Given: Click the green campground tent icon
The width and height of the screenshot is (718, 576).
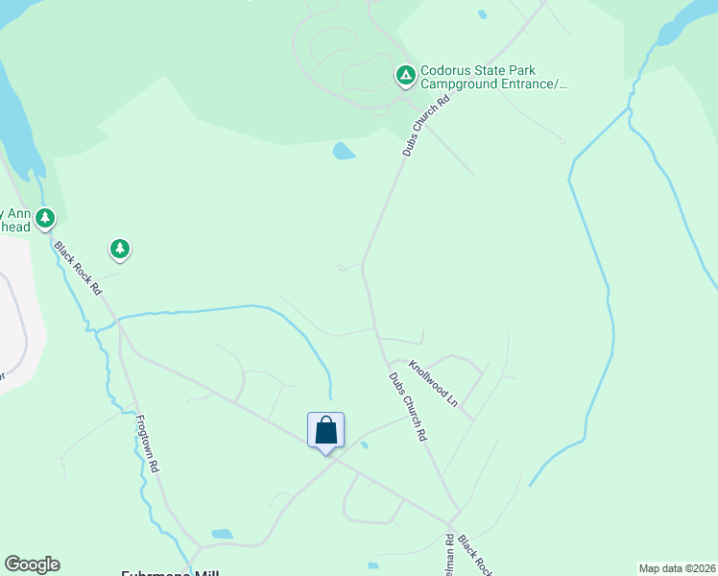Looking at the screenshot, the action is (406, 74).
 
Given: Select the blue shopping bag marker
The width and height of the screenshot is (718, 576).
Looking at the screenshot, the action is (325, 431).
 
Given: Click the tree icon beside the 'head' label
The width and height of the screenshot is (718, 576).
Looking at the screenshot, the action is (45, 220).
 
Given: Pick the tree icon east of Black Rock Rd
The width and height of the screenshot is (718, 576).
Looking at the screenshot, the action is (119, 250).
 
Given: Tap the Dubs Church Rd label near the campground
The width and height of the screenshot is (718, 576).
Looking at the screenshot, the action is (426, 125).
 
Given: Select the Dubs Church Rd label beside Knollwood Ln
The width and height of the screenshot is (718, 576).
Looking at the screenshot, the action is (407, 406).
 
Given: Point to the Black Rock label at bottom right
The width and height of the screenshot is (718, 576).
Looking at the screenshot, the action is (474, 554).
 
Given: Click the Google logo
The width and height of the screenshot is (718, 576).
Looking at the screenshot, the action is (32, 564).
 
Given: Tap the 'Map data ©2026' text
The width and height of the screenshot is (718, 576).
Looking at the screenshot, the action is (677, 568).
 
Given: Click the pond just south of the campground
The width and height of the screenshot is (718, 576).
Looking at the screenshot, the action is (343, 151).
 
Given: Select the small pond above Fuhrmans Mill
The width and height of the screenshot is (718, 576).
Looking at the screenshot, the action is (222, 534).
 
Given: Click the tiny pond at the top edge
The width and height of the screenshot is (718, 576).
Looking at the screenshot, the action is (482, 14).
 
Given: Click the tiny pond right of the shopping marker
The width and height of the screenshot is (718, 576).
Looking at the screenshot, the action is (363, 444).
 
